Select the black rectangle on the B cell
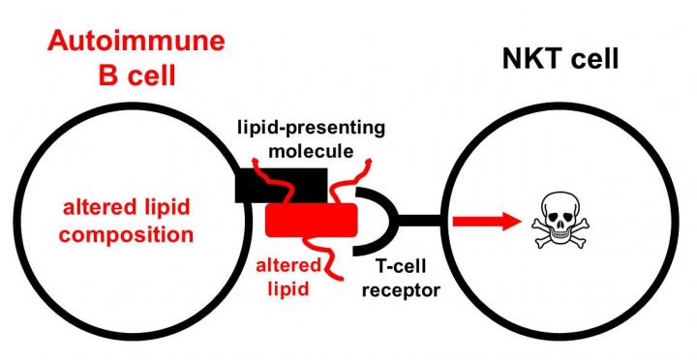point(280,184)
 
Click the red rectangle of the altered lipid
point(311,221)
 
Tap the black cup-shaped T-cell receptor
point(373,222)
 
